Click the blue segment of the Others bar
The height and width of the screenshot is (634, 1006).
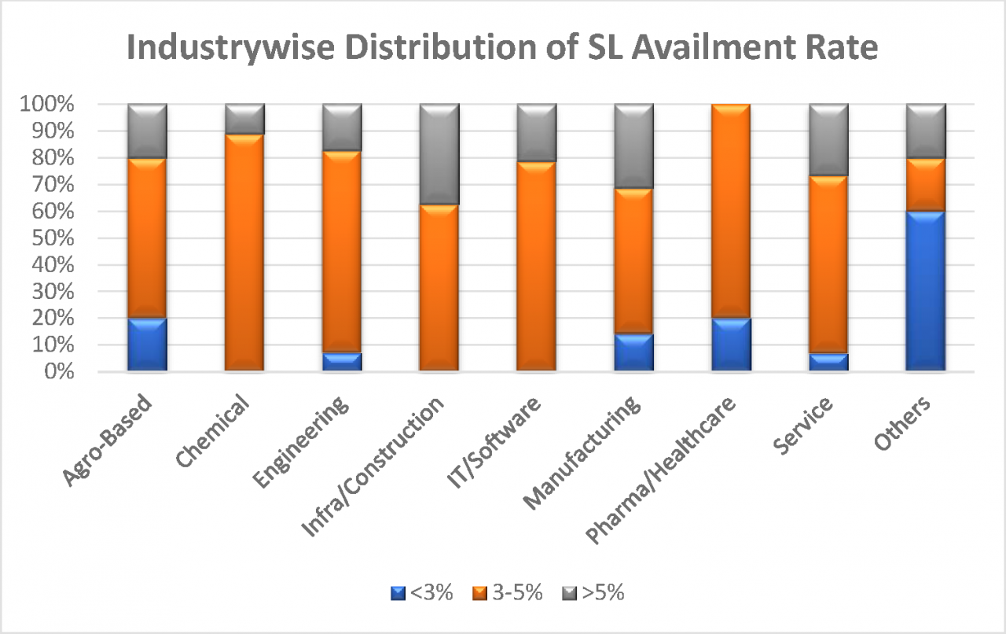pos(926,291)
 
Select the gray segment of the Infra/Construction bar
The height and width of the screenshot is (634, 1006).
pos(439,154)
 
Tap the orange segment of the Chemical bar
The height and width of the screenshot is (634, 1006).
pos(244,252)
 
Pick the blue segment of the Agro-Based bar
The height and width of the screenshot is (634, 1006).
pos(147,344)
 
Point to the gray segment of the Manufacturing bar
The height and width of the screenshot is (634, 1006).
pos(633,146)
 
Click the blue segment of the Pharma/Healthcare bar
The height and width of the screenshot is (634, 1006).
pos(731,344)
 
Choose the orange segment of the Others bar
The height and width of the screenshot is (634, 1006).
pos(926,185)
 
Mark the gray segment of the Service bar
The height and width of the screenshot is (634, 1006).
pos(828,140)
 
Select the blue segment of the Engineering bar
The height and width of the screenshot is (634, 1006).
pos(342,361)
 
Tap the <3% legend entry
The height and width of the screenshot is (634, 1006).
pos(422,593)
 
